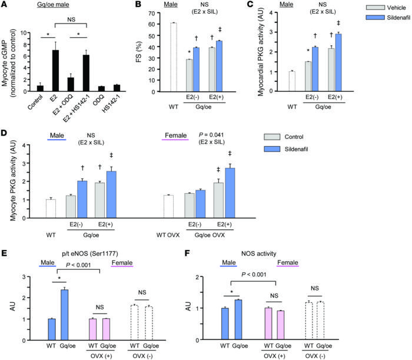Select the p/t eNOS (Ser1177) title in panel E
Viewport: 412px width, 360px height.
76,242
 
